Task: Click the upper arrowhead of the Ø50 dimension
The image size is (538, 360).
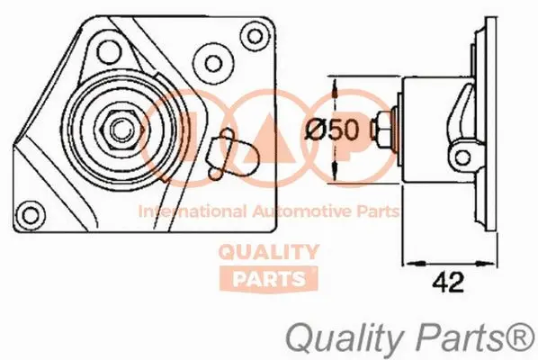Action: point(334,89)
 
